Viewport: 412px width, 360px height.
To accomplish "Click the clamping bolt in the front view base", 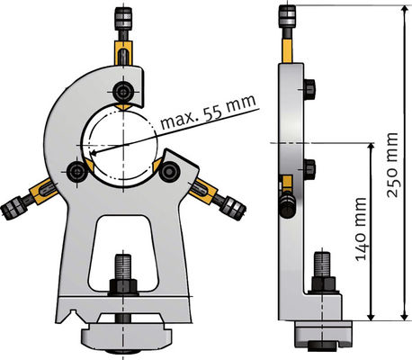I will click(122, 270).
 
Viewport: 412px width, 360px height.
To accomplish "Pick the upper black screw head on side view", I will click(309, 87).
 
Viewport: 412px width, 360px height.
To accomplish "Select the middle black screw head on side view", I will click(309, 168).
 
